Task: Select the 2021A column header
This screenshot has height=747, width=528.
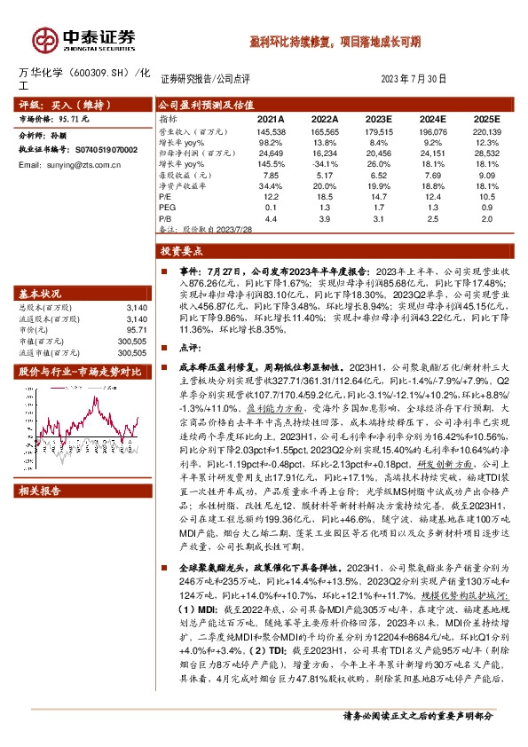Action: coord(271,118)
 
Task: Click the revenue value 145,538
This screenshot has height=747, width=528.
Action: coord(271,130)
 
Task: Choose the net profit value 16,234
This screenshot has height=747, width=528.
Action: coord(325,153)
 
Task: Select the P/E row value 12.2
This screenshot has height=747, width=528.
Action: coord(271,196)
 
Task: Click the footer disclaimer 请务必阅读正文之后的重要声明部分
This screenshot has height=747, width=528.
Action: coord(429,738)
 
